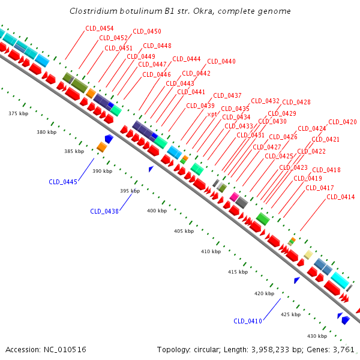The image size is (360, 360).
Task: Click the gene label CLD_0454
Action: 100,28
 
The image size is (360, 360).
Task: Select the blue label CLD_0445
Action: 63,182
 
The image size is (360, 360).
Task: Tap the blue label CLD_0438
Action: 104,211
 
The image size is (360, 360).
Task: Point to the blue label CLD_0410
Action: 248,321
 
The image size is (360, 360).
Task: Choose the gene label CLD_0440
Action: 221,61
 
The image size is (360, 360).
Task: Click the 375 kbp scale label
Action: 19,113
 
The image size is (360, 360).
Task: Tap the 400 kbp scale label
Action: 158,211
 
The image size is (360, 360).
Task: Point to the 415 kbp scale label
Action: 238,272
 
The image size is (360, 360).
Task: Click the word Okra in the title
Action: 197,11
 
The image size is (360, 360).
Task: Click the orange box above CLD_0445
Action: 102,147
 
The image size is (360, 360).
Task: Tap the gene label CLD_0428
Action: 296,102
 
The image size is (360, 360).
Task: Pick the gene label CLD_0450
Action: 147,31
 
